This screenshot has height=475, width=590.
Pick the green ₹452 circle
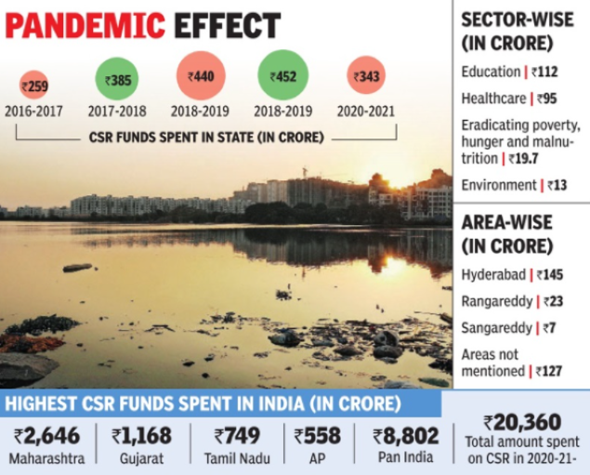pos(282,75)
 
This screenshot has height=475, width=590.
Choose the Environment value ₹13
pos(555,185)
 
